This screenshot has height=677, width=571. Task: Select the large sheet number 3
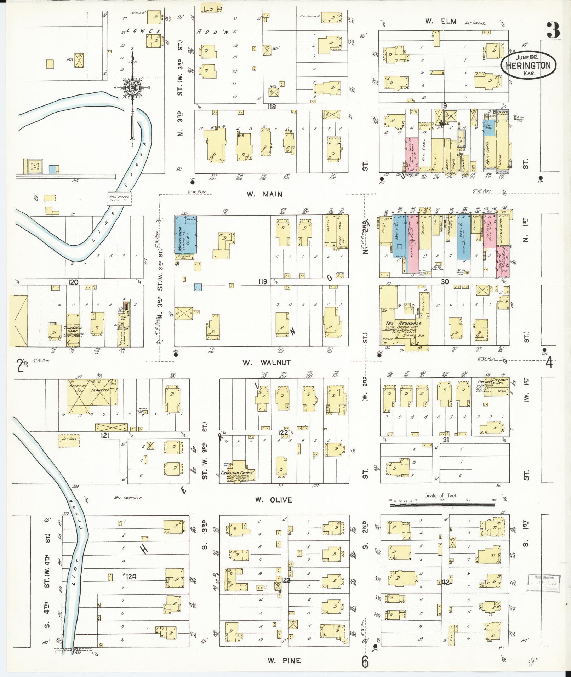(x=553, y=30)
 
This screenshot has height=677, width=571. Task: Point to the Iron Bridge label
(x=119, y=199)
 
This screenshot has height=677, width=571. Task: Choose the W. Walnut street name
(x=267, y=362)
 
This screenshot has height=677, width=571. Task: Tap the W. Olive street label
(x=273, y=500)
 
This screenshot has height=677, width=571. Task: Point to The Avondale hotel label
(x=402, y=323)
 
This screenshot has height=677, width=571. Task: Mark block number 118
(x=271, y=107)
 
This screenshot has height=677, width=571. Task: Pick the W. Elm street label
(x=435, y=21)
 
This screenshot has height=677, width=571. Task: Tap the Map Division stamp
(x=543, y=583)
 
